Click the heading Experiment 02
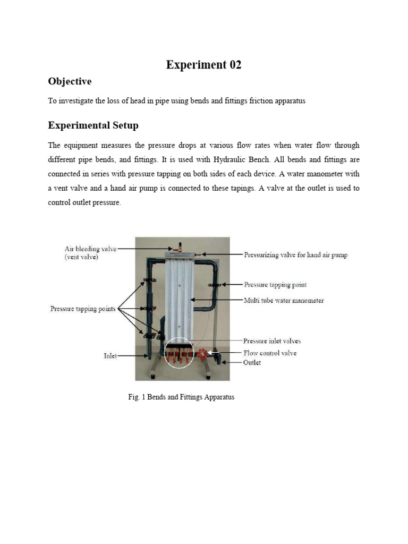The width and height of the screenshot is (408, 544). click(x=203, y=65)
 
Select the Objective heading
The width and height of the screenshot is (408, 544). click(x=70, y=81)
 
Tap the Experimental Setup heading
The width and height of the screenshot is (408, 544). click(x=93, y=125)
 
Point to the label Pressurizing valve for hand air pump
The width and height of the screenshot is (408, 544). click(x=295, y=255)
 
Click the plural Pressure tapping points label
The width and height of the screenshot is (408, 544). click(x=82, y=308)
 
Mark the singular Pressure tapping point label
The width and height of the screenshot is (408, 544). click(x=275, y=285)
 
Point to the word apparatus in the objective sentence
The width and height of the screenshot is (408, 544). click(x=290, y=101)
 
